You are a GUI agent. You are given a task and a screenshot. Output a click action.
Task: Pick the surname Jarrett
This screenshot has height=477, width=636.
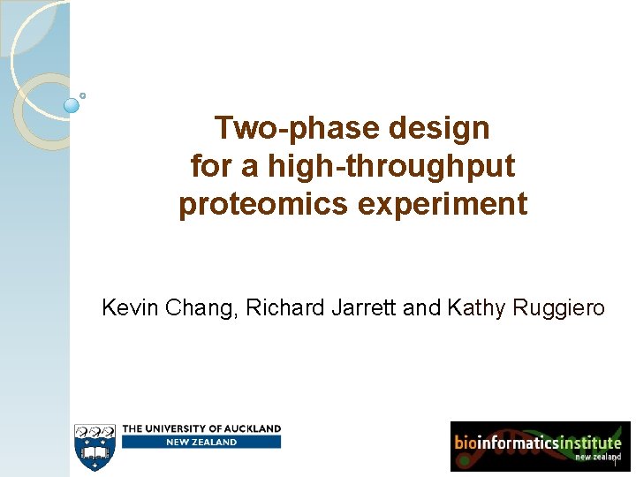pos(366,308)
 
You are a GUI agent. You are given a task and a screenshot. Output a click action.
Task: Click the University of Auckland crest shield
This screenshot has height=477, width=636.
pos(95,446)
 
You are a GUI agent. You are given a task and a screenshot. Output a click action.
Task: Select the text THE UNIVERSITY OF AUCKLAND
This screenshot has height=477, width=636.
pos(201,428)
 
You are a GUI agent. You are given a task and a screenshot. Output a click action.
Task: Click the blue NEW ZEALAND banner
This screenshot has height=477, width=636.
pos(201,442)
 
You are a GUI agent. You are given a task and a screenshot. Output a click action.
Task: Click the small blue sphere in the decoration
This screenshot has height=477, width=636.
pos(72,105)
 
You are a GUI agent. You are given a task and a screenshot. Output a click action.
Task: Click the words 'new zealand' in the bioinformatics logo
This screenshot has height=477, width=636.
pos(598,457)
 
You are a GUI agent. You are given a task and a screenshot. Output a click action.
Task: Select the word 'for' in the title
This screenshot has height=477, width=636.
pos(208,167)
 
